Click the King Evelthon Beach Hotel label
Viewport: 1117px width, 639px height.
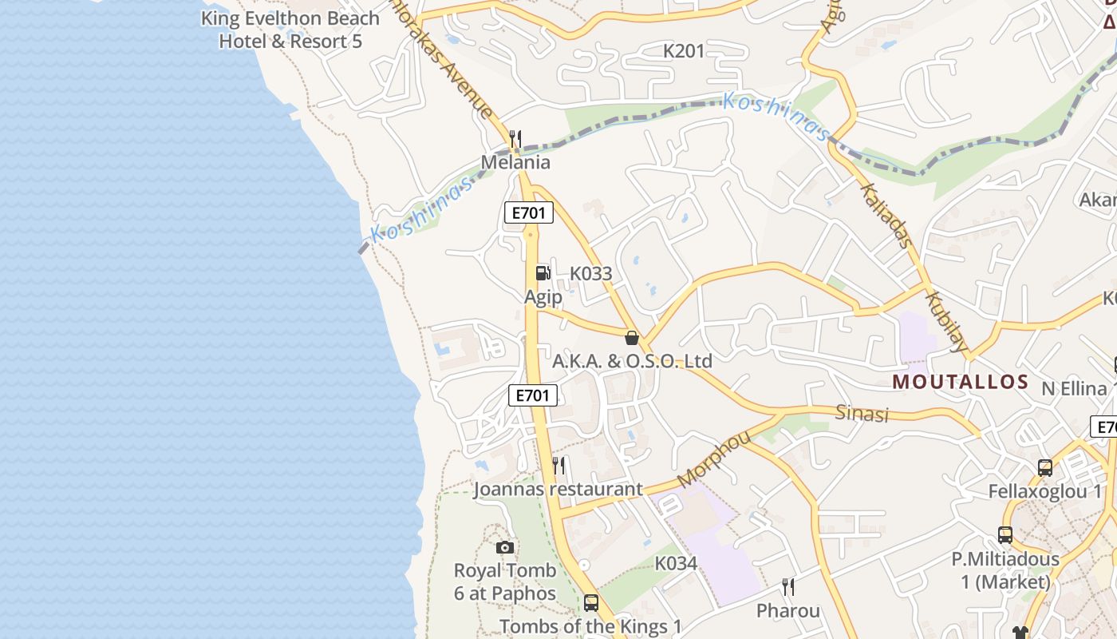290,30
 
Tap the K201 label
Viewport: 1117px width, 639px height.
685,51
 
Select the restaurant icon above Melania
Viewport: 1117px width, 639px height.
515,140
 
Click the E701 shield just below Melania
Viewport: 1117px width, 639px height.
529,212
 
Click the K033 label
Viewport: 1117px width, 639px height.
590,273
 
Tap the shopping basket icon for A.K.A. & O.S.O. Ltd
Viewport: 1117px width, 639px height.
632,338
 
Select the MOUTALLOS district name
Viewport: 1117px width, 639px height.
961,381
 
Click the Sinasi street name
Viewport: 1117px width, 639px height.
862,413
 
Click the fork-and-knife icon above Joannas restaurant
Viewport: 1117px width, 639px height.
559,465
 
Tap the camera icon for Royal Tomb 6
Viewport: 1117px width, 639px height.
505,547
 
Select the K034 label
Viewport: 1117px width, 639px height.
676,563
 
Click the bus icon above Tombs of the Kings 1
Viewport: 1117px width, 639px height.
591,603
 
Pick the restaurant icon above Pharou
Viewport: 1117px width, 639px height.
788,588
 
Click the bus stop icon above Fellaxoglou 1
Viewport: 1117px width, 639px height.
1045,468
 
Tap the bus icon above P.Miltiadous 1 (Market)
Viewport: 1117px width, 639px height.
1005,535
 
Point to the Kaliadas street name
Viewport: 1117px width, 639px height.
885,213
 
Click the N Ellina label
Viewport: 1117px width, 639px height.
1075,389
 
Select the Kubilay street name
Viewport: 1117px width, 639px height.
947,321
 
